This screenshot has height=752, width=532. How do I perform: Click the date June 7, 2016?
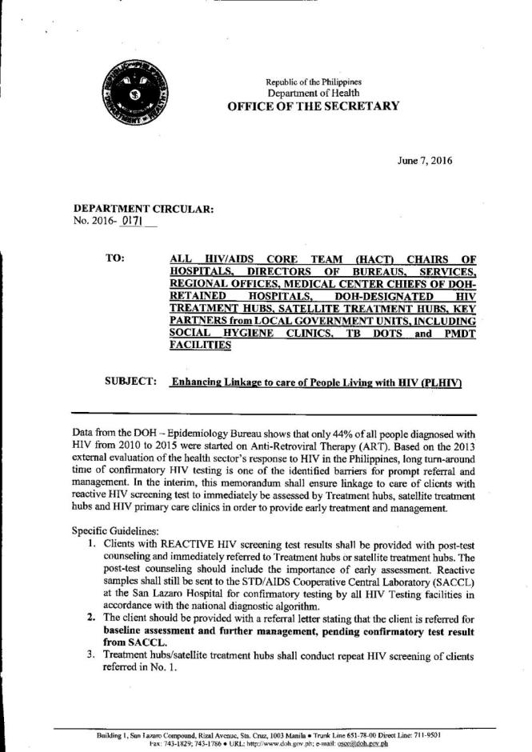pos(425,160)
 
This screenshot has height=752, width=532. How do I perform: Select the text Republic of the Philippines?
pos(314,82)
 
